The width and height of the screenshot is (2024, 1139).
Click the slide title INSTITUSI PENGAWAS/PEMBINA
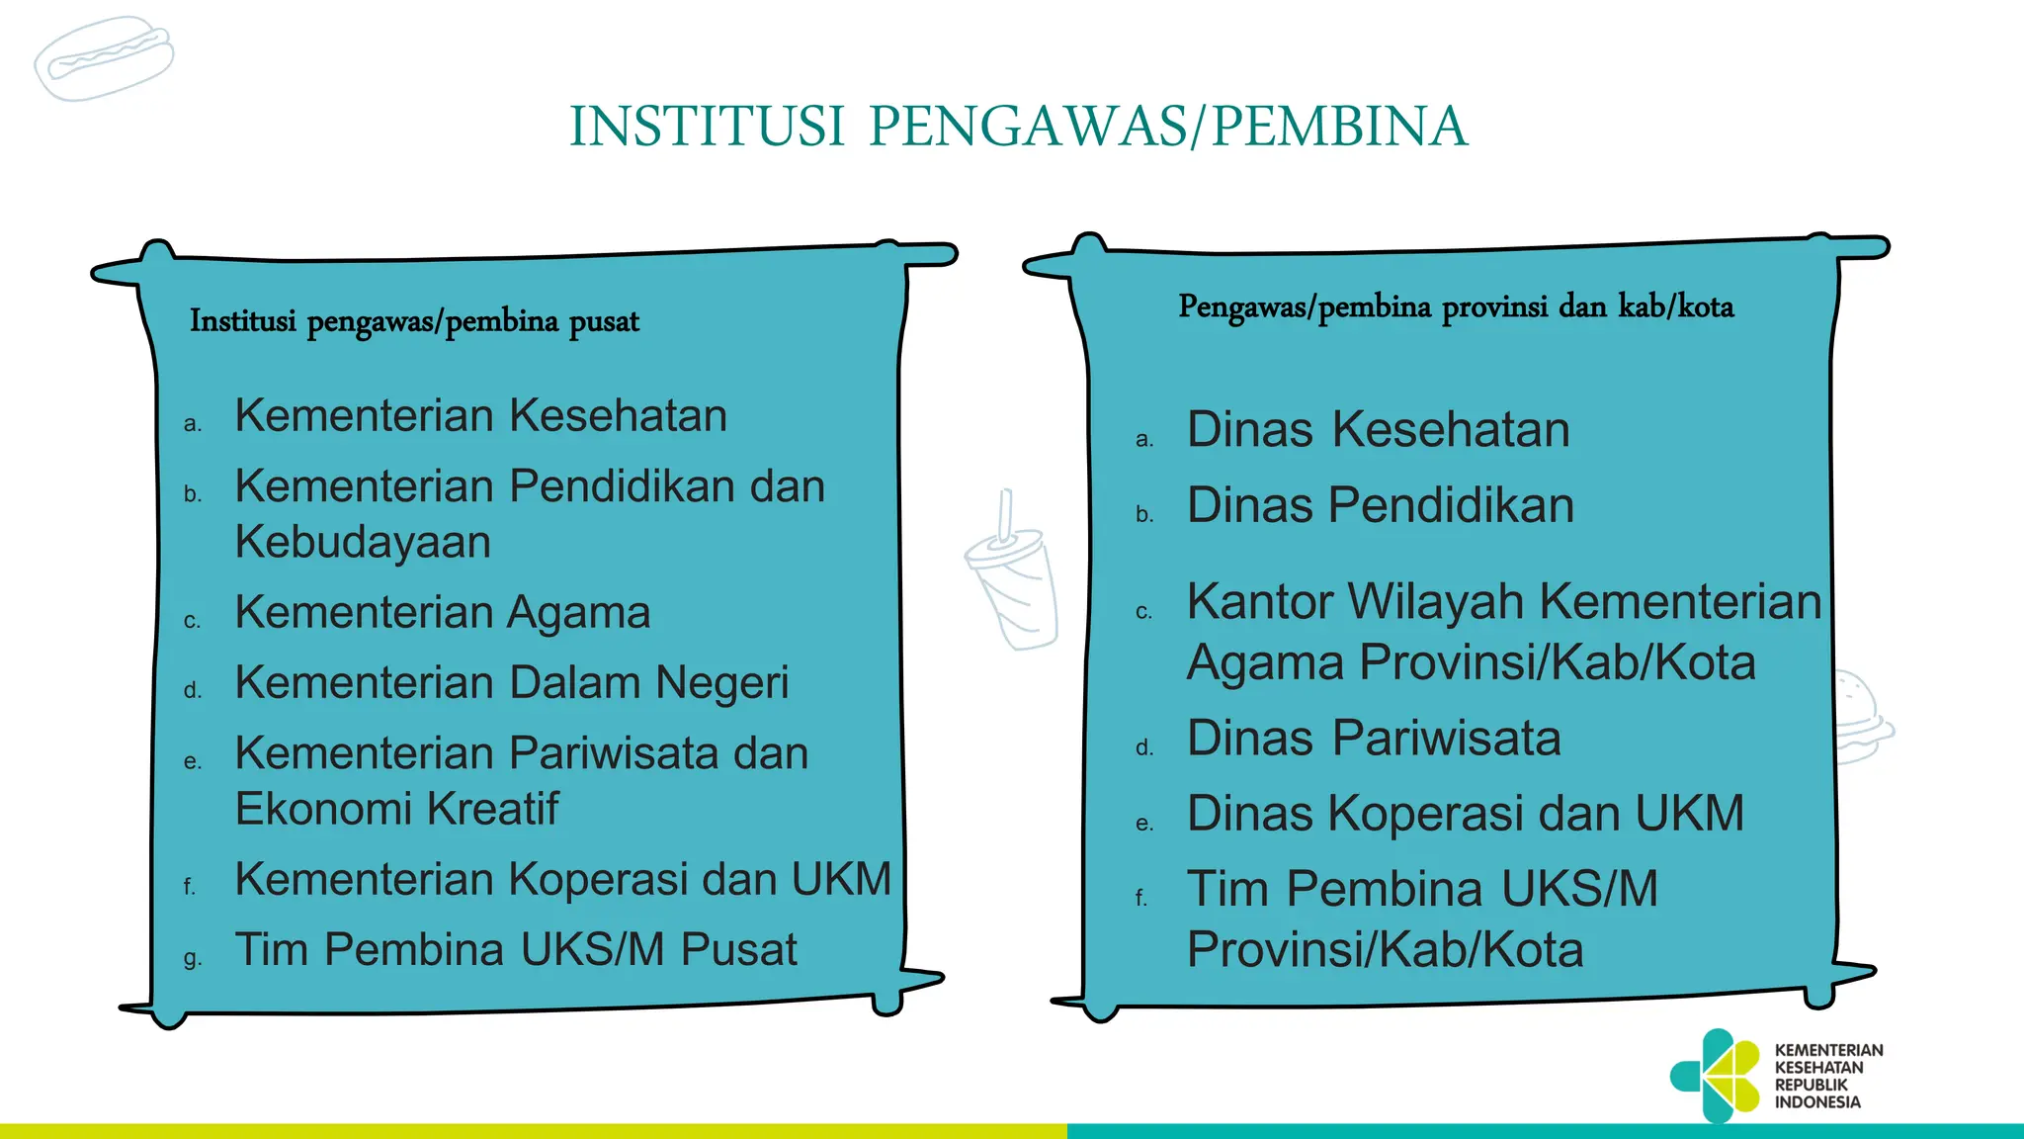coord(1018,127)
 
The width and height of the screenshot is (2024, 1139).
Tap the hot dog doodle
coord(104,59)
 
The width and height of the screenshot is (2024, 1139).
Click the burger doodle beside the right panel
coord(1863,717)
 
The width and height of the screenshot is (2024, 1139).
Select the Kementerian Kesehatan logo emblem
coord(1717,1076)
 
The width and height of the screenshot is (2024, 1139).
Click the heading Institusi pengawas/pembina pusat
coord(414,321)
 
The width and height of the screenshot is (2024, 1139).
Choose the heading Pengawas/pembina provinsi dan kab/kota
coord(1456,307)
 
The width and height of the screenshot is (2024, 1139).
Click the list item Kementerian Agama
coord(443,612)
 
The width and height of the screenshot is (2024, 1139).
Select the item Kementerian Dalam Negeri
coord(512,682)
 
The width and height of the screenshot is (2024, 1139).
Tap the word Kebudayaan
coord(363,542)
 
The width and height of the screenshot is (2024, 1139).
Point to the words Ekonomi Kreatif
coord(396,809)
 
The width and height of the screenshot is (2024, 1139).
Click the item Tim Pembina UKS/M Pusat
coord(516,949)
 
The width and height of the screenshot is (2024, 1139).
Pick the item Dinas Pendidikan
coord(1380,505)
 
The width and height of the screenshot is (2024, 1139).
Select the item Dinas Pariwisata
coord(1374,739)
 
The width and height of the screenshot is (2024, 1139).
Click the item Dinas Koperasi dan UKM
coord(1465,814)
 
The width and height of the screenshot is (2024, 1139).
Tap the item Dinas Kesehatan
coord(1378,430)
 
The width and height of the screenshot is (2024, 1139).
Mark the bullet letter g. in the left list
coord(193,958)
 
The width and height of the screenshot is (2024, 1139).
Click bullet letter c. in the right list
coord(1144,613)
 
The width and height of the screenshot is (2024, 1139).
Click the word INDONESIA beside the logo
coord(1817,1102)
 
